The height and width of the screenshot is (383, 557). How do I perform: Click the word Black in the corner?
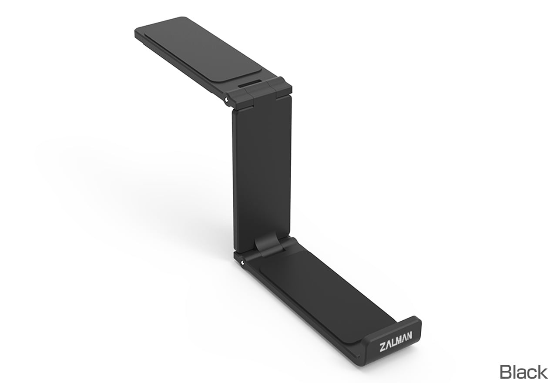point(523,372)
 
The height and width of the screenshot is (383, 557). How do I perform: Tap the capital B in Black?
point(506,372)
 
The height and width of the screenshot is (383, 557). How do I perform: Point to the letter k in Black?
point(542,372)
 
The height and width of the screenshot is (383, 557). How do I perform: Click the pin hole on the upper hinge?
point(227,100)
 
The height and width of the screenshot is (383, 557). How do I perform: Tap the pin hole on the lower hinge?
point(242,262)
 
